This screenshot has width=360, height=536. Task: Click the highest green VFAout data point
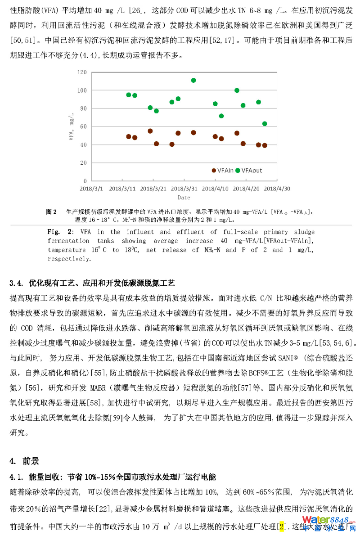pyautogui.click(x=193, y=81)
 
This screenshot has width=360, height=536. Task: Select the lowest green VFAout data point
pyautogui.click(x=265, y=124)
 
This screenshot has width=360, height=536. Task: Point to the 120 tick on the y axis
pyautogui.click(x=81, y=72)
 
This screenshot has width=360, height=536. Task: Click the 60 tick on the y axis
pyautogui.click(x=83, y=126)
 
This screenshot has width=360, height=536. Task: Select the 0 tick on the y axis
pyautogui.click(x=85, y=181)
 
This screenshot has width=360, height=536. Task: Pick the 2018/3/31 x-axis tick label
pyautogui.click(x=185, y=189)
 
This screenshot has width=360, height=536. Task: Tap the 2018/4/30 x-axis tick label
pyautogui.click(x=278, y=189)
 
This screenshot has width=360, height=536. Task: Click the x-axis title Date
pyautogui.click(x=184, y=197)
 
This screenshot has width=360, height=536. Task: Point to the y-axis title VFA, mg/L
pyautogui.click(x=71, y=127)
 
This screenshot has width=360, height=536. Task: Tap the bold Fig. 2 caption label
pyautogui.click(x=60, y=232)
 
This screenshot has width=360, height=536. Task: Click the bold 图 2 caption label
pyautogui.click(x=52, y=211)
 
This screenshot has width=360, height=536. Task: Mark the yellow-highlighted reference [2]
pyautogui.click(x=282, y=526)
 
